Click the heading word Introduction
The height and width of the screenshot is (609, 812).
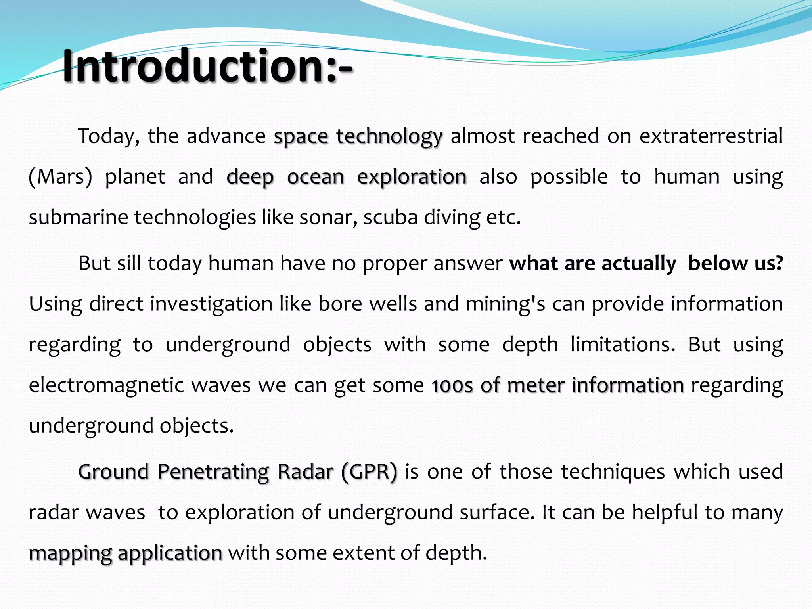[x=194, y=65]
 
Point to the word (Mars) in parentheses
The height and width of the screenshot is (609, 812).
[x=60, y=177]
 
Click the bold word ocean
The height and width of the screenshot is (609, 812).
[x=316, y=177]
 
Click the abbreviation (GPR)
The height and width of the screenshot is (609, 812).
[x=369, y=472]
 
